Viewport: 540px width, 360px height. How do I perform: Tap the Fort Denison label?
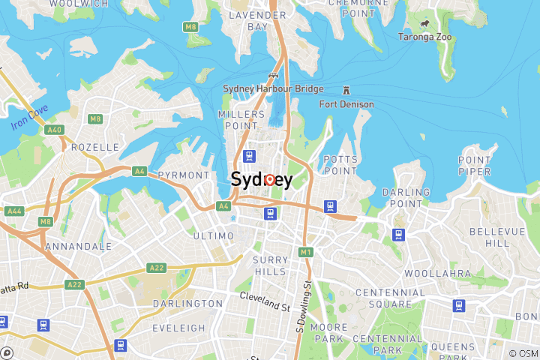[x=346, y=104]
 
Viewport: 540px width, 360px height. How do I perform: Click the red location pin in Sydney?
[x=268, y=179]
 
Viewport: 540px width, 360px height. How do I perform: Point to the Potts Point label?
[x=340, y=165]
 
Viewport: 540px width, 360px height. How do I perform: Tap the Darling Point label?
[x=406, y=197]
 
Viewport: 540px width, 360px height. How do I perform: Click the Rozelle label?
[x=95, y=147]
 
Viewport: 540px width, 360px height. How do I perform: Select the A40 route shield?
[x=54, y=130]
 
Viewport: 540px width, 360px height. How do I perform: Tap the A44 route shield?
[x=14, y=211]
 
